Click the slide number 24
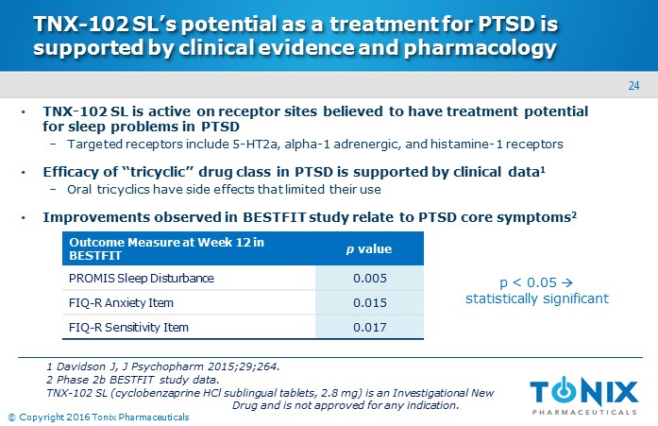click(634, 88)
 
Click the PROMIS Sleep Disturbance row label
click(142, 279)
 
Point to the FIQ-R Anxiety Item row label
click(120, 303)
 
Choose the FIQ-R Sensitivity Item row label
click(128, 327)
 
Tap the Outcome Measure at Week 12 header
click(167, 248)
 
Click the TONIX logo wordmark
click(583, 391)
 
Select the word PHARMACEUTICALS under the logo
click(583, 411)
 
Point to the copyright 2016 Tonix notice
click(98, 417)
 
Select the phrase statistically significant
click(537, 298)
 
